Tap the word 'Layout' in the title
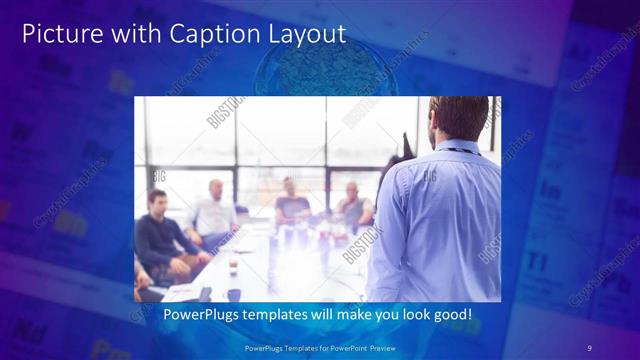(x=305, y=33)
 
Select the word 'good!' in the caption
(x=449, y=315)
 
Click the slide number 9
(x=589, y=347)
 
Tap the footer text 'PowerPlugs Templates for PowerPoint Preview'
(x=319, y=347)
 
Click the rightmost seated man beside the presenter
(x=352, y=205)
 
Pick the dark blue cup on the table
(x=233, y=294)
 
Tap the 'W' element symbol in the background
(x=18, y=132)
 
